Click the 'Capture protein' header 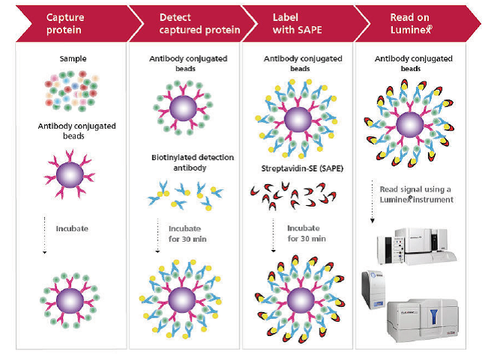(x=64, y=22)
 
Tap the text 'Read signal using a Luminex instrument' (x=415, y=195)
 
